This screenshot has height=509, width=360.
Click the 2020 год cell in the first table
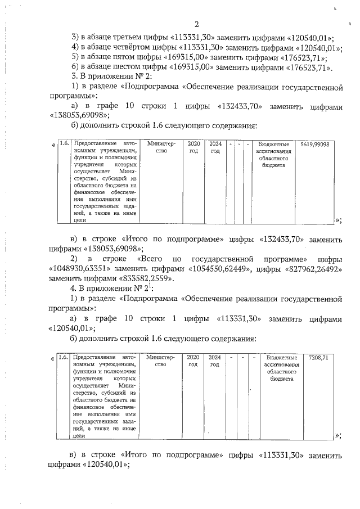(193, 148)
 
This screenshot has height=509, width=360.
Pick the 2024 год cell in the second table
(214, 361)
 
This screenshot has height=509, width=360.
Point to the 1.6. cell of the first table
(64, 144)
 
